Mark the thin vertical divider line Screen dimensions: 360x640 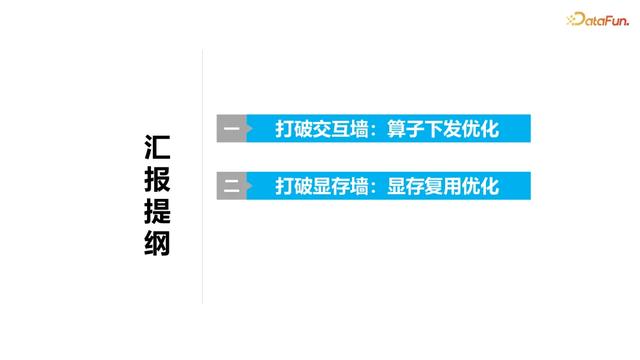[203, 175]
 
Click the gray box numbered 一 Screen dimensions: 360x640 [232, 128]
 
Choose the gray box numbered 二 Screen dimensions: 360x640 [232, 185]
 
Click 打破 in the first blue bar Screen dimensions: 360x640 [295, 128]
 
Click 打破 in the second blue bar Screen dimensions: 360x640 [295, 185]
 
